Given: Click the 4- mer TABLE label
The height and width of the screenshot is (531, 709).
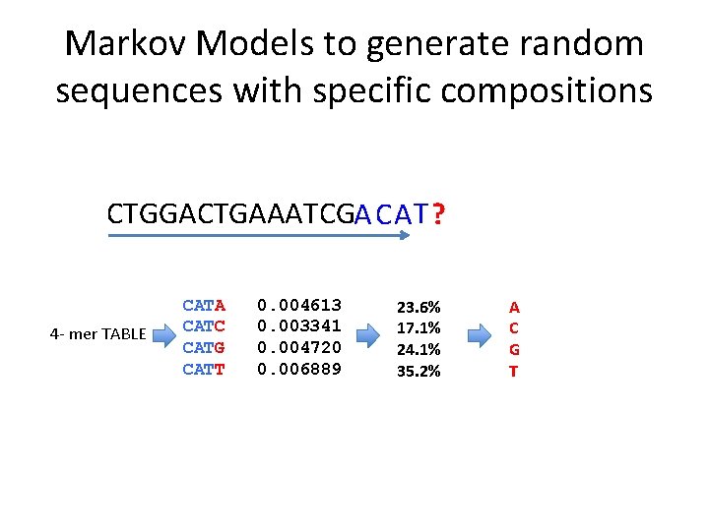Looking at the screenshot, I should pyautogui.click(x=97, y=334).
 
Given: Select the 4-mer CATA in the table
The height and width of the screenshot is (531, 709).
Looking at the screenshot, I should pyautogui.click(x=204, y=306).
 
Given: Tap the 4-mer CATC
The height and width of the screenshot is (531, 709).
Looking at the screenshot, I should pyautogui.click(x=204, y=326).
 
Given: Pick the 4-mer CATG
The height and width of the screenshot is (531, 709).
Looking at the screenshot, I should pyautogui.click(x=204, y=348).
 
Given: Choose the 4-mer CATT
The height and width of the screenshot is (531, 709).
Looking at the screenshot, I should pyautogui.click(x=204, y=370).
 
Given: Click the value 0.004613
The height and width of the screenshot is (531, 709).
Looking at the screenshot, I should pyautogui.click(x=299, y=306).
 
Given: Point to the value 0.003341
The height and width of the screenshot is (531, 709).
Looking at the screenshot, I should pyautogui.click(x=299, y=326).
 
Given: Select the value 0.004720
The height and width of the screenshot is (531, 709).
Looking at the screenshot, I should pyautogui.click(x=299, y=348).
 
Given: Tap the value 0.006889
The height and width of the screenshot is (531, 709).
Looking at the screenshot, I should pyautogui.click(x=299, y=370).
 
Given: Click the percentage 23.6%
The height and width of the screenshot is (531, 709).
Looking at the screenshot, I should pyautogui.click(x=419, y=308).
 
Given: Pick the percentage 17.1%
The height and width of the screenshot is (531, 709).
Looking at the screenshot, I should pyautogui.click(x=419, y=328).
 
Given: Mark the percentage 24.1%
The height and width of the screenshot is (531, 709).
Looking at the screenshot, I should pyautogui.click(x=419, y=349).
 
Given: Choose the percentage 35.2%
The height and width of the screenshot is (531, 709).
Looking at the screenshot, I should pyautogui.click(x=419, y=371).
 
